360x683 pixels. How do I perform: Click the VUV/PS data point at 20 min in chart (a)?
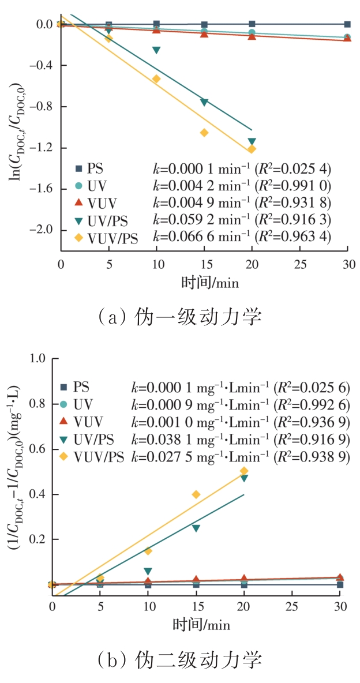point(252,149)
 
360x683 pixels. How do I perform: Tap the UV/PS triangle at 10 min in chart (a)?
point(156,51)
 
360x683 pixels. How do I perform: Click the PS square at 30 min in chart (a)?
point(347,24)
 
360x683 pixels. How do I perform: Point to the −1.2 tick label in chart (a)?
point(41,148)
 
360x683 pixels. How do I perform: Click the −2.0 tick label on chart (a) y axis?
point(41,230)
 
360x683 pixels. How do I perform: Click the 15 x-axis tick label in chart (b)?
point(196,607)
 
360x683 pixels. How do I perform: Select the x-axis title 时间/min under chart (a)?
point(205,283)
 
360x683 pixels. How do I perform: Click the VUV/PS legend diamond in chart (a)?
point(78,238)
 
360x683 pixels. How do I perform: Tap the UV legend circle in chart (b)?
point(63,404)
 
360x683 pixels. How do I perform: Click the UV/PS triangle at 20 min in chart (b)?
point(244,478)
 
